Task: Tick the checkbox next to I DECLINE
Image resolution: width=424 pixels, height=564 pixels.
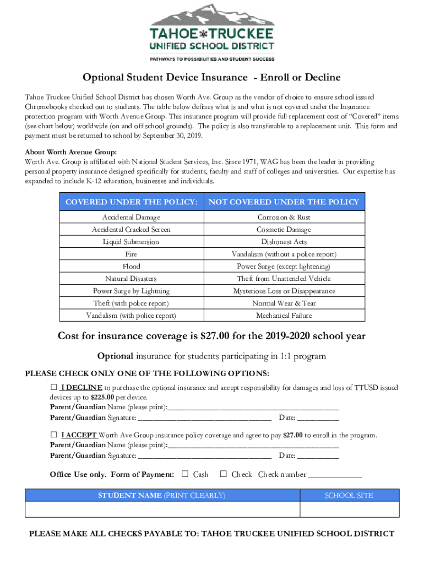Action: point(54,388)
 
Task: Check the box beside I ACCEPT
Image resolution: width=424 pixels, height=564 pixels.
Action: point(54,435)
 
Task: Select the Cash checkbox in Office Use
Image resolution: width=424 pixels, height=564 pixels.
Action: point(185,474)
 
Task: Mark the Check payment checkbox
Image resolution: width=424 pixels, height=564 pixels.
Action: point(224,474)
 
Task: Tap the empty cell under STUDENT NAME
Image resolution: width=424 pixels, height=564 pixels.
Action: point(162,509)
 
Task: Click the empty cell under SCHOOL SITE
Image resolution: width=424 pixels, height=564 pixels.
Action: point(349,509)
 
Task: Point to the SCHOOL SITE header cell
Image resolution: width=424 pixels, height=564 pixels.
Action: point(349,495)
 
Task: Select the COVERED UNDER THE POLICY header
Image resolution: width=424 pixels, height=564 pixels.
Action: point(131,202)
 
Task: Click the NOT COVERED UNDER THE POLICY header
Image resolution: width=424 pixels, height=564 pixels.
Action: point(284,202)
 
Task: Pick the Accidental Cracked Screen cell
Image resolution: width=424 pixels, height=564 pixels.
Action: point(131,230)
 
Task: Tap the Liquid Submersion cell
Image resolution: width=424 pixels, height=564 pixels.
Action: point(131,242)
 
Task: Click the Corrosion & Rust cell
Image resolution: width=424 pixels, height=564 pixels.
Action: point(284,218)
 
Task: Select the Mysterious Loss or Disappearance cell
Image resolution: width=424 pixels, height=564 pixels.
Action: point(284,291)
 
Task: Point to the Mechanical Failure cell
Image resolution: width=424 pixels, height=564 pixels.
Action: point(284,316)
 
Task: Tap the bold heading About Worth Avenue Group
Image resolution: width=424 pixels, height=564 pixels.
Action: point(71,153)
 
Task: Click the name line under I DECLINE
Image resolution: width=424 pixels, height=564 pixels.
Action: point(253,408)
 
